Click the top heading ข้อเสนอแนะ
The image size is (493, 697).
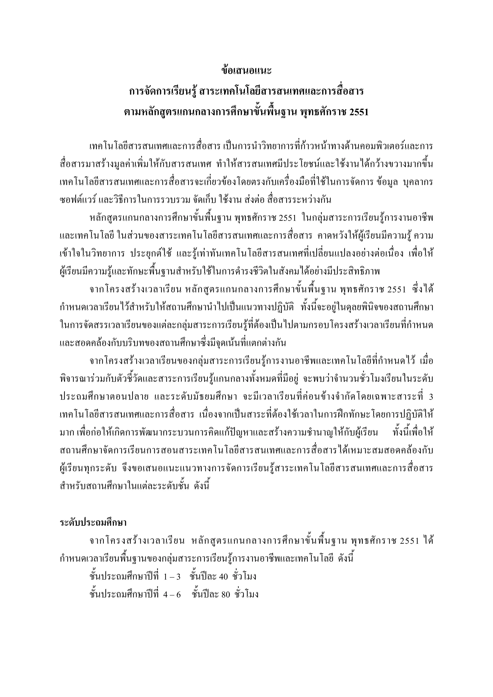point(246,71)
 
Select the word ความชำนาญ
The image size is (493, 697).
point(322,433)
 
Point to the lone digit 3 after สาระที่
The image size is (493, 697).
point(430,397)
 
